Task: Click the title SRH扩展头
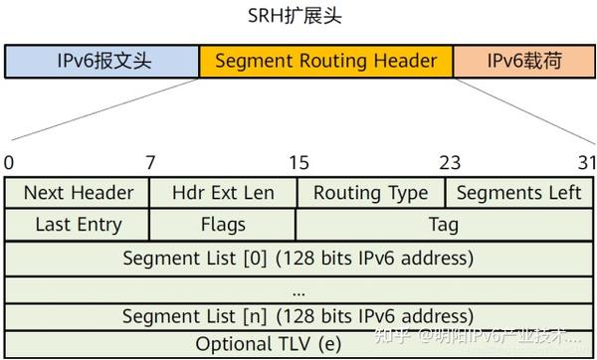(x=298, y=17)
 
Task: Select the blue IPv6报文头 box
(x=102, y=62)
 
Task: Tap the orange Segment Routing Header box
(x=325, y=62)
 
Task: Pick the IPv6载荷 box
(x=523, y=62)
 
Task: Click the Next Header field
(x=78, y=193)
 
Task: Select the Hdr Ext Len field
(x=223, y=193)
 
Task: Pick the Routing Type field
(x=370, y=193)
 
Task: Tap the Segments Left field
(x=518, y=193)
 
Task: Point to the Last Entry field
(x=78, y=225)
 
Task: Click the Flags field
(x=223, y=225)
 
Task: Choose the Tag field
(x=444, y=225)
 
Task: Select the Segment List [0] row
(x=298, y=258)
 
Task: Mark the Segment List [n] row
(x=298, y=316)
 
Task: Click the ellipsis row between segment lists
(x=298, y=289)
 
